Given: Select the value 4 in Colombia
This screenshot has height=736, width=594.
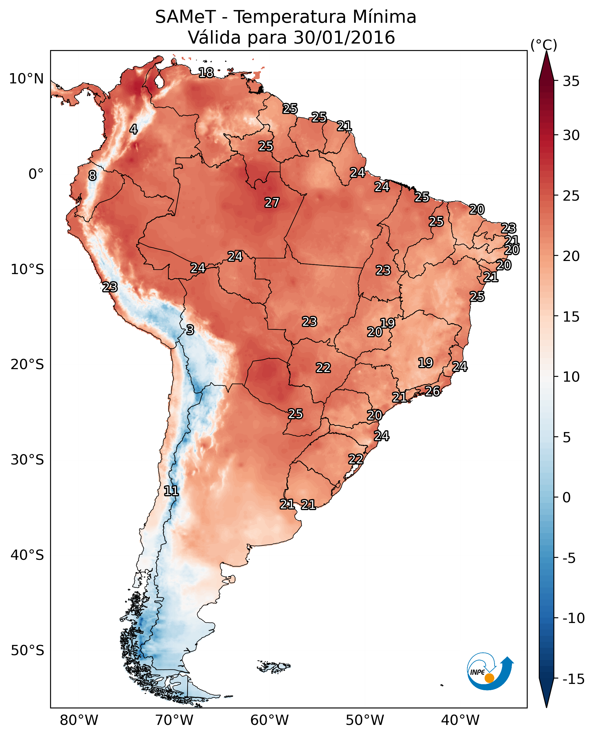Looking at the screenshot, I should [134, 129].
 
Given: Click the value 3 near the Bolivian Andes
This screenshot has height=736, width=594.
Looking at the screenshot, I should [190, 330].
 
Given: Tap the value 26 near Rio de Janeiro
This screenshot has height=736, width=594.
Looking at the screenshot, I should [433, 391].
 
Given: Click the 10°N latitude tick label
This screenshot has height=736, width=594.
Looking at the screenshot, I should [26, 79].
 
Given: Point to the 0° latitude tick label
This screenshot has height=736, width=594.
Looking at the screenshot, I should [36, 174].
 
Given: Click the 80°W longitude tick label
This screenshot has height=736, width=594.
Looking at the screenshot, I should [79, 720].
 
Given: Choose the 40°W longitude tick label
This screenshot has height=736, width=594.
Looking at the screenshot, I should [460, 720].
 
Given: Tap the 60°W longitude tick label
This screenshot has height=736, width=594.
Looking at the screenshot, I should [270, 720].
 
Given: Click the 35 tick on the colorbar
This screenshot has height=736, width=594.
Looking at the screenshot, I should [571, 81].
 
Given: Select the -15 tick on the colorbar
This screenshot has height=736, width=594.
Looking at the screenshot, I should [573, 679].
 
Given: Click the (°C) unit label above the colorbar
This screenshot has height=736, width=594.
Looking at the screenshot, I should [544, 45].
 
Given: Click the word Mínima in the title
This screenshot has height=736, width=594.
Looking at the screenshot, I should [384, 17].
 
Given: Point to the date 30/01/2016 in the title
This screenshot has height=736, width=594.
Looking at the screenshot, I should [344, 37].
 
